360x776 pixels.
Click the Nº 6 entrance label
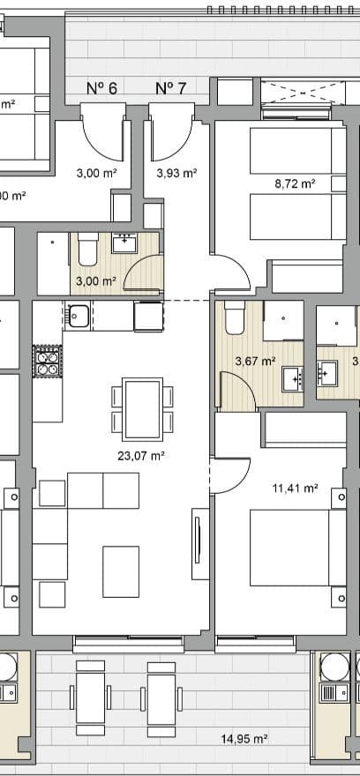(x=101, y=88)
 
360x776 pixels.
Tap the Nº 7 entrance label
(x=170, y=88)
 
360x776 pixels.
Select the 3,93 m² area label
(x=176, y=174)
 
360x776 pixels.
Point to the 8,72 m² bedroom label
(x=295, y=184)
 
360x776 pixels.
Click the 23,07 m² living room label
(x=142, y=456)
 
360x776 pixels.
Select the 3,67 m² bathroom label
(x=255, y=361)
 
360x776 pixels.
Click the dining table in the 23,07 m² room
(x=143, y=408)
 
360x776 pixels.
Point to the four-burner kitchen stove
(x=48, y=362)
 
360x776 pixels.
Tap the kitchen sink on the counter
(x=77, y=314)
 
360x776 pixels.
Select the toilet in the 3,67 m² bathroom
(x=234, y=317)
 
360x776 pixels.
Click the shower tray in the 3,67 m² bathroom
(x=282, y=322)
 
